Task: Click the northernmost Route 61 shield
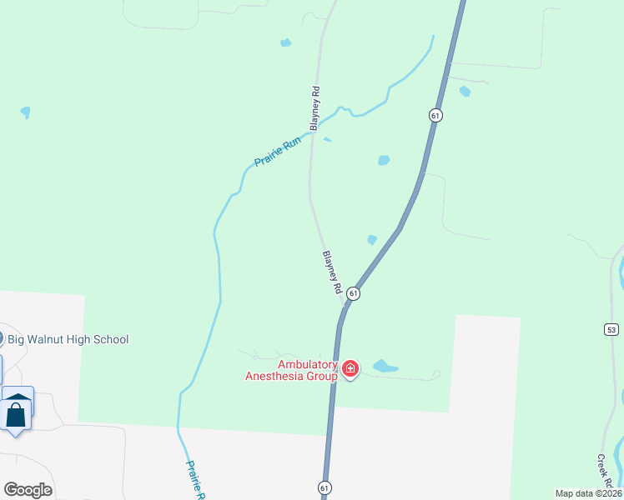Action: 435,115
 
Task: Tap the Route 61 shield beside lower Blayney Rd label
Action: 354,293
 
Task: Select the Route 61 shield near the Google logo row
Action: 324,487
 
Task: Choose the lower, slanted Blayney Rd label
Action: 332,272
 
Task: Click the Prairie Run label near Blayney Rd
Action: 277,151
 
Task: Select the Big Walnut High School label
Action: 68,339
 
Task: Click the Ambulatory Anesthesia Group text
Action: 291,370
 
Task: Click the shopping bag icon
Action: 16,412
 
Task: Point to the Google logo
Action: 28,490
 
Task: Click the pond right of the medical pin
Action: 385,366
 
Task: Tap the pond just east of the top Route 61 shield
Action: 465,92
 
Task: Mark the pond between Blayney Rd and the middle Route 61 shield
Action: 372,240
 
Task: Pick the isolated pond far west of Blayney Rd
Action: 25,112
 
